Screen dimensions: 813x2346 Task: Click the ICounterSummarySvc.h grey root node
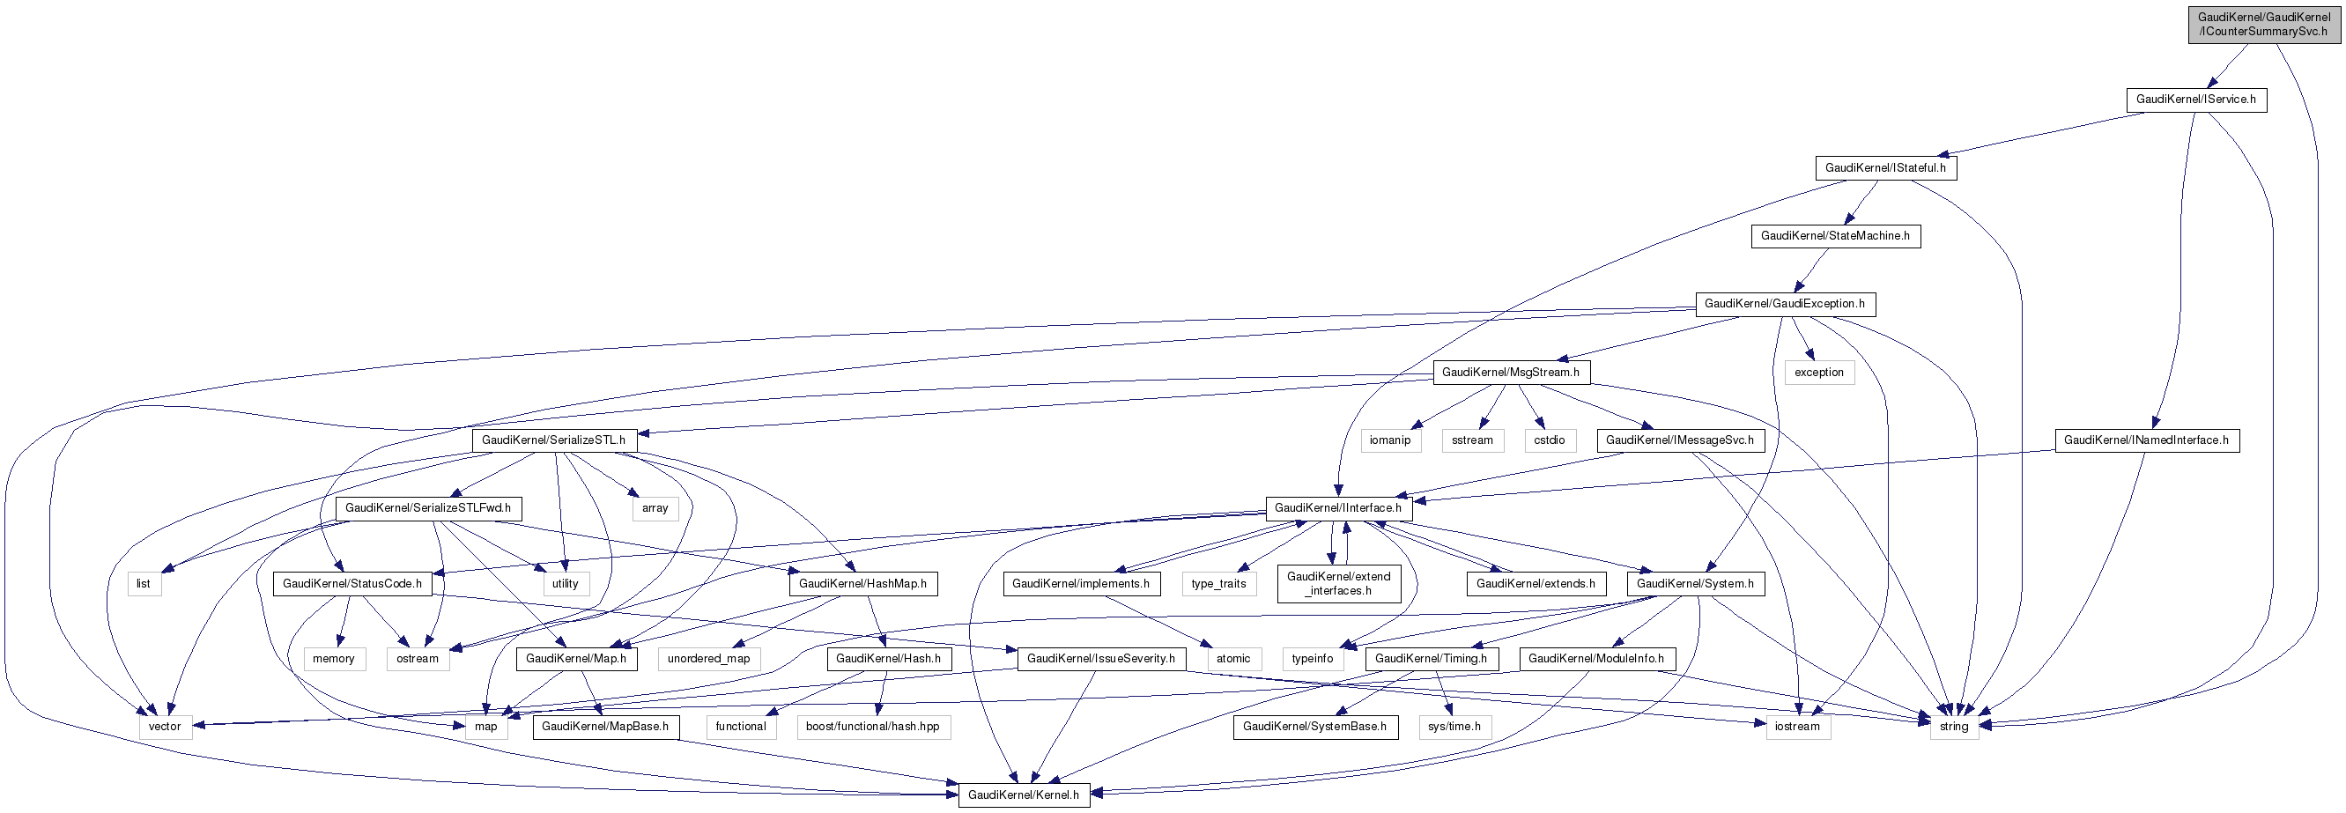2263,25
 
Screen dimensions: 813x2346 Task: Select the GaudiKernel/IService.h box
2195,100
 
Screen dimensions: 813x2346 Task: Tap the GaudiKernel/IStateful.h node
1885,167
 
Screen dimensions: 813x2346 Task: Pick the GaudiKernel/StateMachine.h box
1835,236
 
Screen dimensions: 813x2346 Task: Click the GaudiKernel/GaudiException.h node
1784,304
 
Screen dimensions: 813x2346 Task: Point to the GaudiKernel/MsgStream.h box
1511,373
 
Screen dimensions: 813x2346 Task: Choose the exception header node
1818,373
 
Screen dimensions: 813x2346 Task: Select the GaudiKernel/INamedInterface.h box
2146,440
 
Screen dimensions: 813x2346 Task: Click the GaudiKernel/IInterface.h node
1338,508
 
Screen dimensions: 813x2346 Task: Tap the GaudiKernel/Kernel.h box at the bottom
1023,795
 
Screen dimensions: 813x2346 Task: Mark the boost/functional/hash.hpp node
872,727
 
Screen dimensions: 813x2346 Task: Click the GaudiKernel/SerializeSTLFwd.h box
427,508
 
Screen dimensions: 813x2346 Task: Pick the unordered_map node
708,659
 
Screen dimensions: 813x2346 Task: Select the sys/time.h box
1454,727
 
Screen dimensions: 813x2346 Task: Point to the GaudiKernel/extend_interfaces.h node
1338,584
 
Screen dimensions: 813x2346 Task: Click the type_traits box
1218,584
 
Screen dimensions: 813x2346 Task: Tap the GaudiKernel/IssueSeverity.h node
1100,659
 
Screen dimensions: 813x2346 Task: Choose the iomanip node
1390,440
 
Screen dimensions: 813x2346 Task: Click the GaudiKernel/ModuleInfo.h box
1595,659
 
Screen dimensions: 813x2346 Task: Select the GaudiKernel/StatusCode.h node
352,584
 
